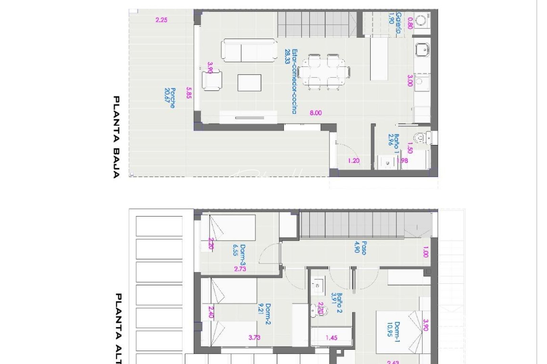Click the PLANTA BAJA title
116,137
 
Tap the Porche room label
170,98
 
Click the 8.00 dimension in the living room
316,113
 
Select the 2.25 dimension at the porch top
161,20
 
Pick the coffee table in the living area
249,83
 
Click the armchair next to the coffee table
212,80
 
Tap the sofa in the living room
249,51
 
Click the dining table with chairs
324,72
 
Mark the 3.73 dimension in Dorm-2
254,337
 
